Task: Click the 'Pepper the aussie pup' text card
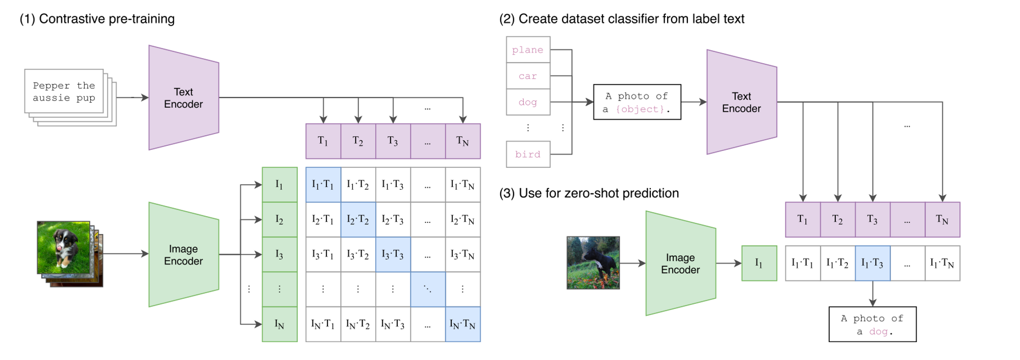point(64,91)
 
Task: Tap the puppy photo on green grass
point(63,248)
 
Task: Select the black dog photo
point(593,263)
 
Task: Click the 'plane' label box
point(528,49)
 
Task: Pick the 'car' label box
point(528,76)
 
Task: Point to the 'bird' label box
point(528,154)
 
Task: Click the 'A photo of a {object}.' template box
point(637,102)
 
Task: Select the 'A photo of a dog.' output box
point(873,324)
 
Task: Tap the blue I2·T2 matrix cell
point(358,219)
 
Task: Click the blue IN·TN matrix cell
point(463,324)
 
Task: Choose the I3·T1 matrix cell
point(323,254)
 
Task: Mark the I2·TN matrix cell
point(463,219)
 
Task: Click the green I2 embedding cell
point(279,219)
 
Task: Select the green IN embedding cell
point(279,324)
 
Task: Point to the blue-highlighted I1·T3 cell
point(873,263)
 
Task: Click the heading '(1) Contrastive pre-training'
point(97,19)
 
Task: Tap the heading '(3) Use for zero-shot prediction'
point(589,193)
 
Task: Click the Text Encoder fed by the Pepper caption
point(184,97)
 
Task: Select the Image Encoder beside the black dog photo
point(680,263)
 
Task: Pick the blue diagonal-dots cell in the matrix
point(428,289)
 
